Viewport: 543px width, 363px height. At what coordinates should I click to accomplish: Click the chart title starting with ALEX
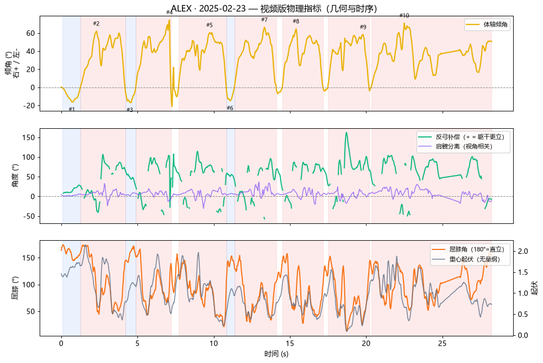[x=274, y=8]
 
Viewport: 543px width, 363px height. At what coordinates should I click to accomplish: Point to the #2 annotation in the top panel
[x=96, y=23]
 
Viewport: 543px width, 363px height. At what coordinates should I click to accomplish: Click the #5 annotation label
[x=210, y=25]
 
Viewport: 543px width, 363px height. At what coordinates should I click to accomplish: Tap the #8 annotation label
[x=296, y=21]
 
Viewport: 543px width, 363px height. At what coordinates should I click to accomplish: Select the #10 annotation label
[x=404, y=16]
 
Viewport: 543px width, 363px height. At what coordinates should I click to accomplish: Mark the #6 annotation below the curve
[x=230, y=108]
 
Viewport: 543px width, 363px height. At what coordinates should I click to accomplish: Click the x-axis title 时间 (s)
[x=276, y=354]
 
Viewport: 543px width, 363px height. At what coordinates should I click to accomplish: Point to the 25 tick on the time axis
[x=442, y=343]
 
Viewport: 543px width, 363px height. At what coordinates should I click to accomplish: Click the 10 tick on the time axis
[x=213, y=343]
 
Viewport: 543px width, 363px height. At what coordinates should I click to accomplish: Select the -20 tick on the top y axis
[x=29, y=106]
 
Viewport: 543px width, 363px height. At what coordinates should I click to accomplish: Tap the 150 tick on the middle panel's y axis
[x=29, y=137]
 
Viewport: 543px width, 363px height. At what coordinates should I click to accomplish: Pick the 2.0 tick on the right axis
[x=523, y=252]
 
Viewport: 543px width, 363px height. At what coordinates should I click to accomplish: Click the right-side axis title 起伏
[x=535, y=288]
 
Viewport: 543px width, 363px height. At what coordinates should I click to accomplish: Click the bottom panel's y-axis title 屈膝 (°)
[x=15, y=288]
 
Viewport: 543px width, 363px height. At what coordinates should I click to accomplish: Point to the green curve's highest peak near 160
[x=346, y=133]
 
